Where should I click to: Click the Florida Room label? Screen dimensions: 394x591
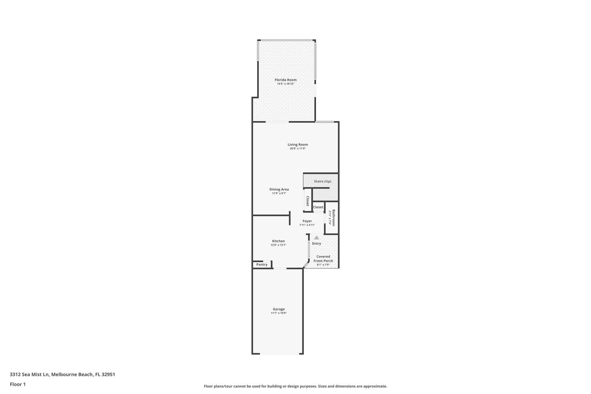point(285,80)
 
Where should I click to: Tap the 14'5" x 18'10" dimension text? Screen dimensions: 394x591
point(285,84)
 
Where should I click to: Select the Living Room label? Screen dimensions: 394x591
point(298,145)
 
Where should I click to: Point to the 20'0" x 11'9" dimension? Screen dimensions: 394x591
point(298,149)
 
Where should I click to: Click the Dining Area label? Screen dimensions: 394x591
point(279,189)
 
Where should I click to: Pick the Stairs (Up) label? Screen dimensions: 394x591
point(323,181)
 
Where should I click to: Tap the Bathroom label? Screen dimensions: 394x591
point(334,218)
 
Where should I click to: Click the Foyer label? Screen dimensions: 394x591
point(307,221)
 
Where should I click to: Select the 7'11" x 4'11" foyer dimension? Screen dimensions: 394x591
point(307,225)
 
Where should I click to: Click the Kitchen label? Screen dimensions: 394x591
point(278,241)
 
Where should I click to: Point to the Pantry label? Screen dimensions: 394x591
point(262,264)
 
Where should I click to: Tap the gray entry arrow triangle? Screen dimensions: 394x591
point(317,238)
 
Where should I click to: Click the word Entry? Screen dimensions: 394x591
point(317,243)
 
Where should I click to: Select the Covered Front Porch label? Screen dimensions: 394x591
point(323,259)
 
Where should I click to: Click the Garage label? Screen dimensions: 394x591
point(279,309)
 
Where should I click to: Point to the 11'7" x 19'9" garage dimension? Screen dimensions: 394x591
point(279,313)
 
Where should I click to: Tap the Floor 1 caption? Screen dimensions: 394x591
point(18,384)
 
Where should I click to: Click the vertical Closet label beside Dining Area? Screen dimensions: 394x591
point(308,201)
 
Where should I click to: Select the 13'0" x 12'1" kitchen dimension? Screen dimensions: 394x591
point(278,245)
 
